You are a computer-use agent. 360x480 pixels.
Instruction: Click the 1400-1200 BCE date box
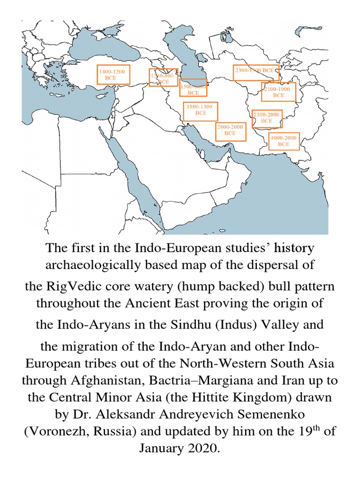113,75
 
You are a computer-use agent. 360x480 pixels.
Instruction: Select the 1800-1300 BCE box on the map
200,110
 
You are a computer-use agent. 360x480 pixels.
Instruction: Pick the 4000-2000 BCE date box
284,141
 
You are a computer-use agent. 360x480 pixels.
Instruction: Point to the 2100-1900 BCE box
278,92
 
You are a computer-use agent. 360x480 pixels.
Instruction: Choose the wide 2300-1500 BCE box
255,72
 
